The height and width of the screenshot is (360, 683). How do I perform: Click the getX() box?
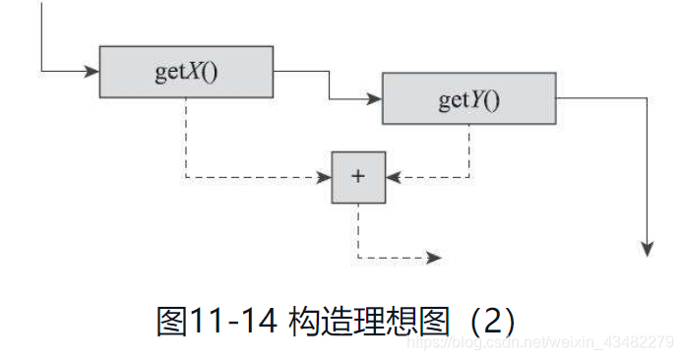point(186,72)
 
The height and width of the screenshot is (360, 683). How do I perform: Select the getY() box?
point(468,99)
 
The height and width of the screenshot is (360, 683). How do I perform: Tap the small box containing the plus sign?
point(358,177)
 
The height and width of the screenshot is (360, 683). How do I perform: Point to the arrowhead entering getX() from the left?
point(93,71)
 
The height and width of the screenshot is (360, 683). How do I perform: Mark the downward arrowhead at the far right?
point(648,248)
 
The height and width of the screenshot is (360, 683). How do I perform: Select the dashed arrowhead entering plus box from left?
point(323,178)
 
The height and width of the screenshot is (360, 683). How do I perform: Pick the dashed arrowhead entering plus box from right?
point(394,178)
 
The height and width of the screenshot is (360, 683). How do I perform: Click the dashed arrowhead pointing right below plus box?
point(434,259)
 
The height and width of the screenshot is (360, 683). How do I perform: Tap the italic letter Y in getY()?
point(476,99)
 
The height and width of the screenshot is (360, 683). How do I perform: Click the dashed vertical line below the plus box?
point(358,231)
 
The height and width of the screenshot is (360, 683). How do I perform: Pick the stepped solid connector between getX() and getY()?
point(329,86)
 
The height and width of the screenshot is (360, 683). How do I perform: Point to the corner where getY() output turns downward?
point(648,99)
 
